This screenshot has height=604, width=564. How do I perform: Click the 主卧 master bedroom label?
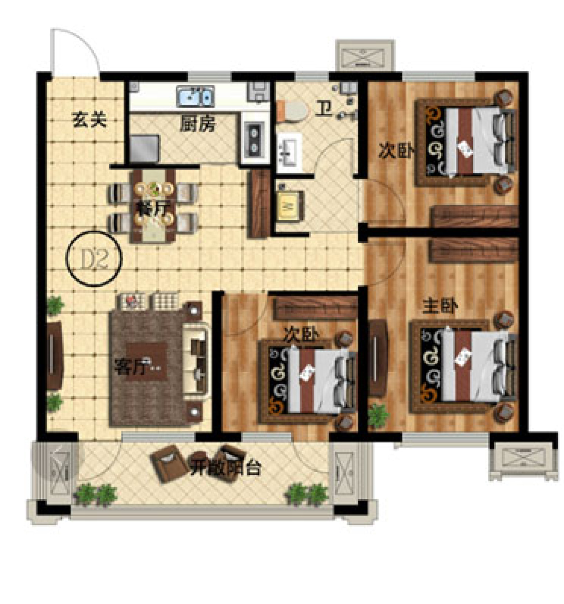440,306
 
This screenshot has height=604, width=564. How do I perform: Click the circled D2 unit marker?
94,259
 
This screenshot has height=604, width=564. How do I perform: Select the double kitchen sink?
195,96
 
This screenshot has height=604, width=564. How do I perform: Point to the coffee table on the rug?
146,361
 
